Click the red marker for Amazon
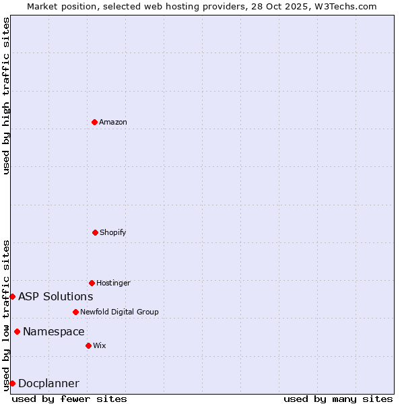point(95,122)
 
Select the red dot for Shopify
point(95,232)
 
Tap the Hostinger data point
point(92,283)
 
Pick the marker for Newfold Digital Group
point(75,312)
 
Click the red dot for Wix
point(88,345)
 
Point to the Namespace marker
point(17,331)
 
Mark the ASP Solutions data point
point(12,296)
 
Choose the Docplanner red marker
point(12,383)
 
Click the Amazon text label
point(113,122)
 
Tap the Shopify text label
point(113,232)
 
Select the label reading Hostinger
point(113,283)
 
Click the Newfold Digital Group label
point(119,312)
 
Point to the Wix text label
point(100,345)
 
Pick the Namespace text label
point(54,331)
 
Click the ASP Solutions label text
point(56,296)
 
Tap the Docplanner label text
point(48,383)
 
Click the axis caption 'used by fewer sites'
point(69,399)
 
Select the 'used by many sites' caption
point(338,399)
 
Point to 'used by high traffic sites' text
point(6,96)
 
